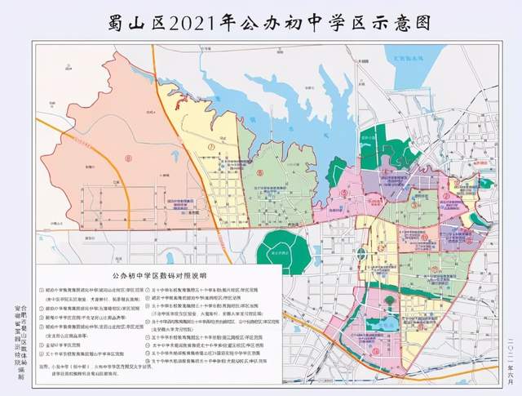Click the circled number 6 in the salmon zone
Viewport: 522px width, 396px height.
click(127, 155)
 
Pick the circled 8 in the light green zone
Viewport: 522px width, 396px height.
click(259, 172)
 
